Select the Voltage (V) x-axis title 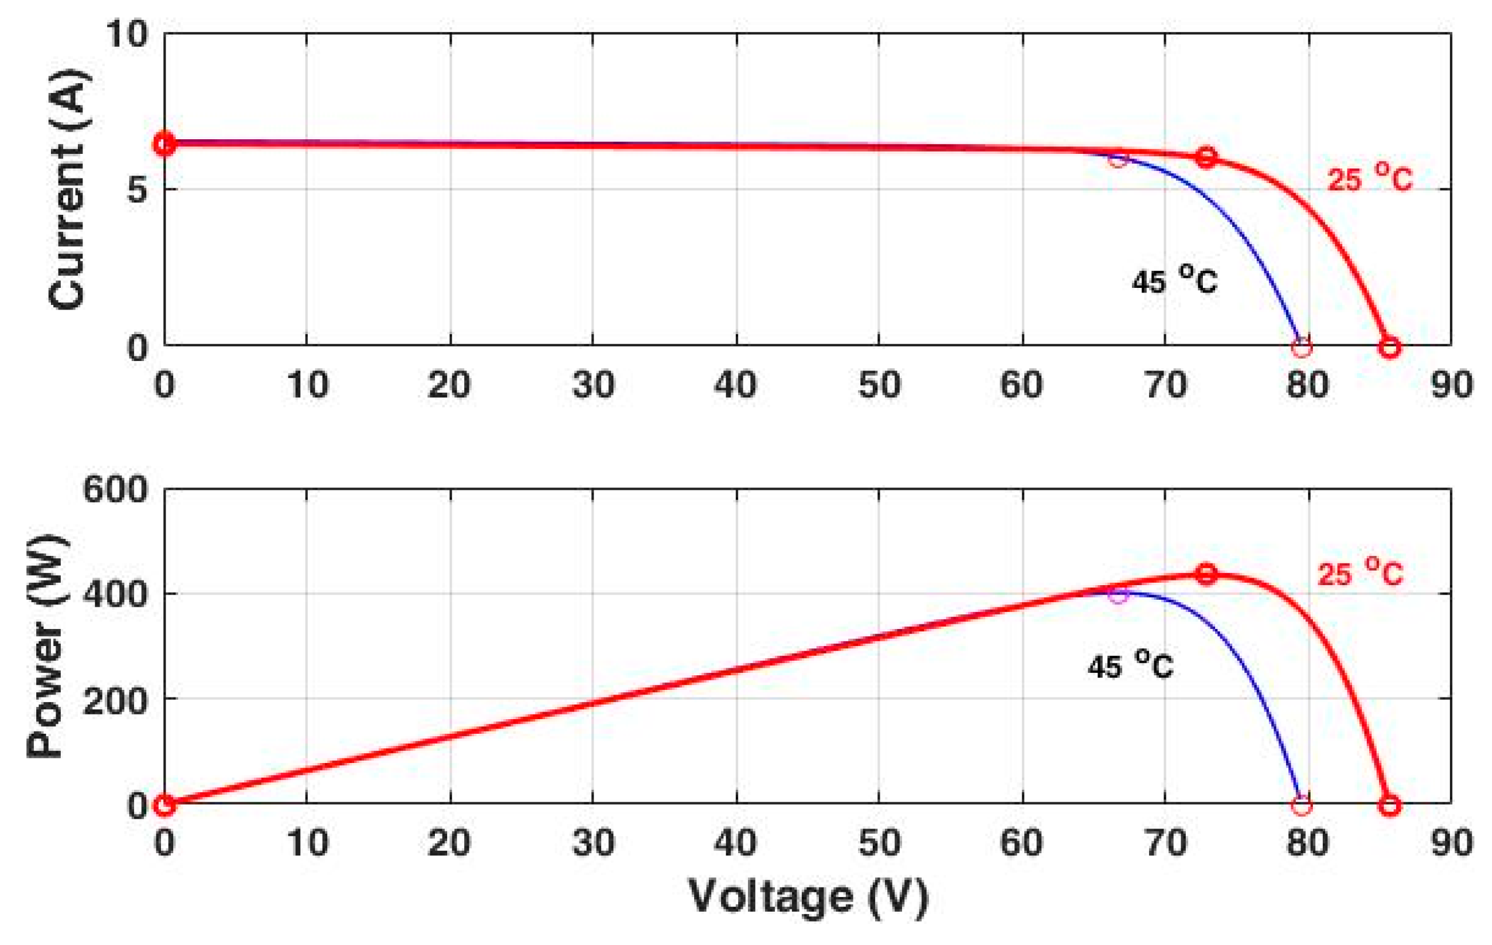808,896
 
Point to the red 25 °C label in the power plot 1360,573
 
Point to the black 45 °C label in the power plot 1131,666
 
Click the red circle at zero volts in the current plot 164,145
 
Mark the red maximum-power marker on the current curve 1206,157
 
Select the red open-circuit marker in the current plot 1390,348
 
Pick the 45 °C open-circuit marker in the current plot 1302,348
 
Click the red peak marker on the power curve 1206,574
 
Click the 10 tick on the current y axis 127,34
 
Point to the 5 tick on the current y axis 137,190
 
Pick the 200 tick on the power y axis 116,701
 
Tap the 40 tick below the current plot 736,384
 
